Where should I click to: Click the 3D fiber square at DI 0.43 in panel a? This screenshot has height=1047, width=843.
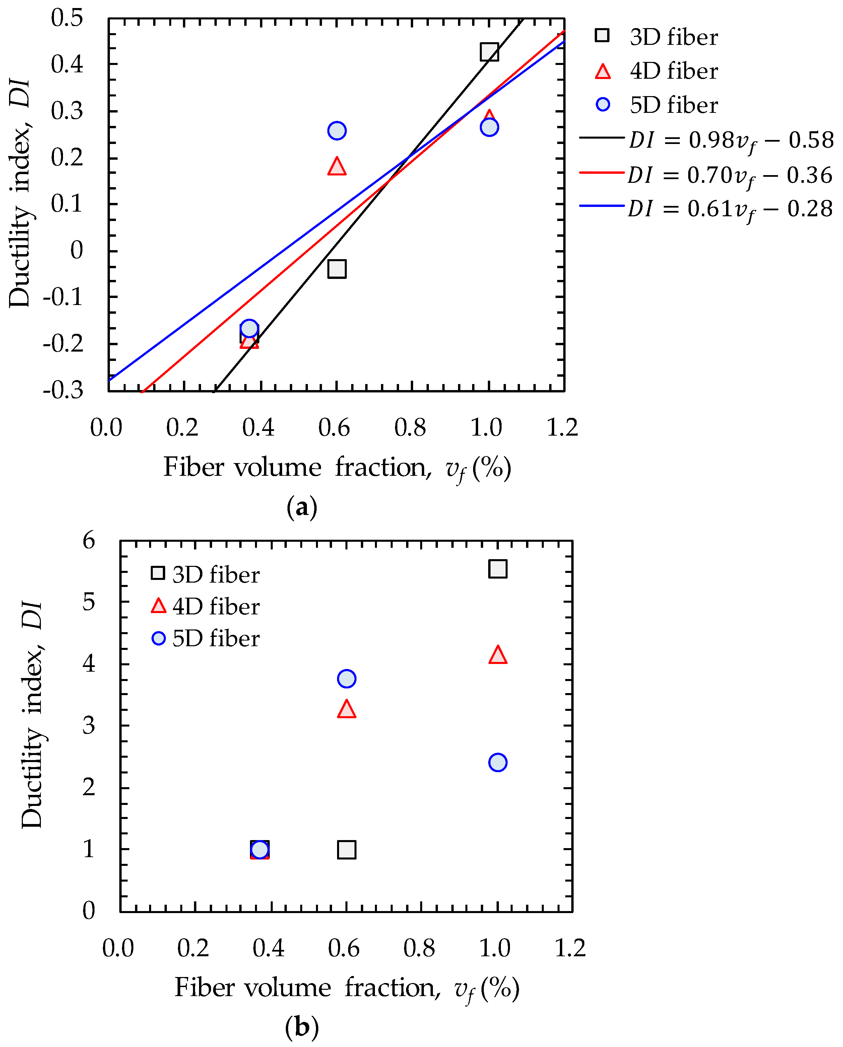pos(489,52)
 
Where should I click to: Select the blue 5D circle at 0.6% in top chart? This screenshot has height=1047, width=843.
pos(337,131)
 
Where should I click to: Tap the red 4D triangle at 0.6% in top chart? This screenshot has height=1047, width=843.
pos(337,166)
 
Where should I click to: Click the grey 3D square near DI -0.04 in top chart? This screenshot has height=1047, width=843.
pos(337,269)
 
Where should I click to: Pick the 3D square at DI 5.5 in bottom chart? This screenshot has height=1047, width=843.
pos(498,569)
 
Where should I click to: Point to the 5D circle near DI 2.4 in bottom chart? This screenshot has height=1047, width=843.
pos(498,762)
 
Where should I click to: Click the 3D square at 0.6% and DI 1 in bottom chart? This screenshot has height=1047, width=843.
pos(346,850)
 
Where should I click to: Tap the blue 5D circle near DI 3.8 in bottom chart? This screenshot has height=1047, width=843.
pos(346,678)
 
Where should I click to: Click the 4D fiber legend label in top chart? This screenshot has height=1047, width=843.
pos(673,71)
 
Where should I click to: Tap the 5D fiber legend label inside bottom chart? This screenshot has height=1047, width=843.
pos(216,638)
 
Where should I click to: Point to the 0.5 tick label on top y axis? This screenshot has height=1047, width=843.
pos(67,18)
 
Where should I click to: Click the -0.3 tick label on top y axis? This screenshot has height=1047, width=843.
pos(63,390)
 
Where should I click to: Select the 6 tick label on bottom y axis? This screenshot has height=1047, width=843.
pos(88,540)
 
